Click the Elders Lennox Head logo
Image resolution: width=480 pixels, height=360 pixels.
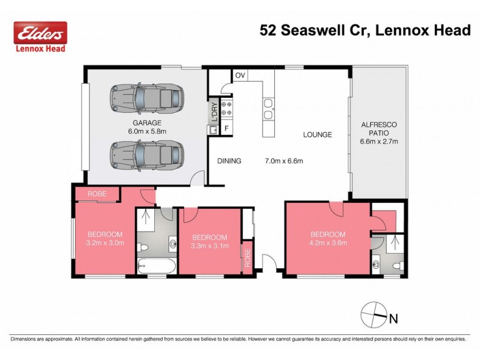[41, 37]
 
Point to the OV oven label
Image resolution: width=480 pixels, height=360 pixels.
[240, 76]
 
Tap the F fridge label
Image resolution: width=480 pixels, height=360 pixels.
[227, 128]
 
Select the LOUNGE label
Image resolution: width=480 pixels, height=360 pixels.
[317, 135]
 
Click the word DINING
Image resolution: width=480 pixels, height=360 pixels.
[229, 161]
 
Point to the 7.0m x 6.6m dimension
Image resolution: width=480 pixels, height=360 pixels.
[284, 161]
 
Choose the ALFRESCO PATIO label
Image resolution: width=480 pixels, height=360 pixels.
[379, 128]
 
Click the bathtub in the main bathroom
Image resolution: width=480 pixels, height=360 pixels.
[155, 266]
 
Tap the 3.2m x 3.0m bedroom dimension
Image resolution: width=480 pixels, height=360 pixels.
[105, 243]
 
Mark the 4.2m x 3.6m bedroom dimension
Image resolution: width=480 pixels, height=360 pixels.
[328, 243]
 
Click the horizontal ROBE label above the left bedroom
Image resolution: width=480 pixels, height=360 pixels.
[97, 194]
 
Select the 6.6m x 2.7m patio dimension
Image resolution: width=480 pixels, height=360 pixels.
[379, 142]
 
